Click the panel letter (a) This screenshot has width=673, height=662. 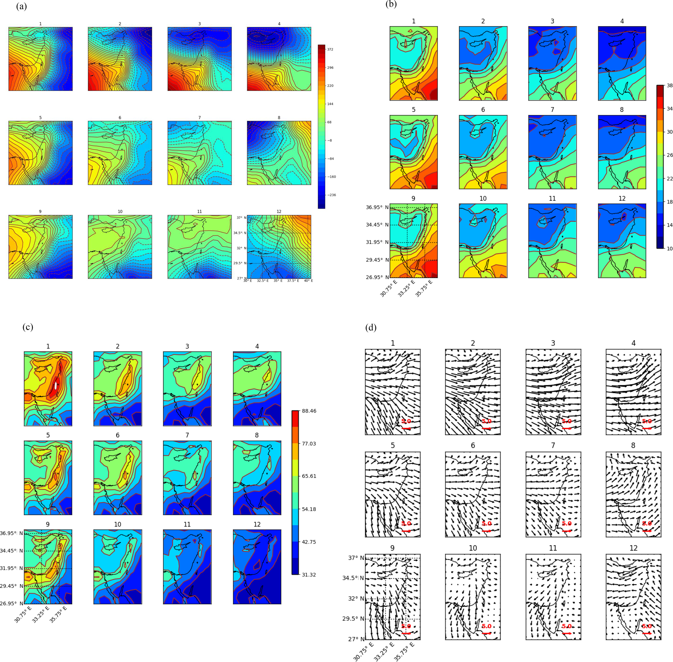(21, 6)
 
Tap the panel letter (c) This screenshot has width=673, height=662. (27, 327)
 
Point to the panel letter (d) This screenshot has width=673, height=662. (371, 328)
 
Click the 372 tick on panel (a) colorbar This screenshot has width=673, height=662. (330, 49)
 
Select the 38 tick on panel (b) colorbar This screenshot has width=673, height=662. (669, 86)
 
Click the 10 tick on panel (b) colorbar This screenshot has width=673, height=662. (669, 249)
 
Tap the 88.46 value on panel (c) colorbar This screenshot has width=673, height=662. (309, 411)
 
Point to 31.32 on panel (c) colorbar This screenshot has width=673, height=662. (309, 575)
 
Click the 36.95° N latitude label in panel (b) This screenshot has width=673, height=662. (377, 207)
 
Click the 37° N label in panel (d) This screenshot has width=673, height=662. (356, 558)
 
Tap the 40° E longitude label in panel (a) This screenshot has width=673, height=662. (308, 281)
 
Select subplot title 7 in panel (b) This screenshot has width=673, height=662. (552, 110)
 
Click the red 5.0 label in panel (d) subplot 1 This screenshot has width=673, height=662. (406, 421)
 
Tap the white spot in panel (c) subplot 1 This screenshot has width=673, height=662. (56, 385)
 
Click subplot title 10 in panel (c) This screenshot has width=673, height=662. (118, 524)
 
